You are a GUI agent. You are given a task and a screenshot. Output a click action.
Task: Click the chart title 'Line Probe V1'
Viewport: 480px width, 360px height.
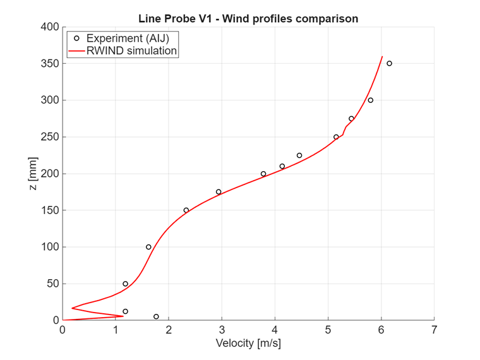coord(248,18)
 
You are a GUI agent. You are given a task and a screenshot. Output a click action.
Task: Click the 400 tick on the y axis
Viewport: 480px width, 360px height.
coord(51,27)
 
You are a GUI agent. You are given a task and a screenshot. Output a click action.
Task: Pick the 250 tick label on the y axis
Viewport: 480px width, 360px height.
coord(51,137)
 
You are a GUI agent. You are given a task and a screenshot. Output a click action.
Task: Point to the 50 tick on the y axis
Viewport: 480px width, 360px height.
coord(53,284)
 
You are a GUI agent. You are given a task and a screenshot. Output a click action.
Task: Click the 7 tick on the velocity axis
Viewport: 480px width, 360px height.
coord(434,330)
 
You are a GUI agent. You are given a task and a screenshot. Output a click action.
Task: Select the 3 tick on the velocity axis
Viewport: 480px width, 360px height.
coord(222,330)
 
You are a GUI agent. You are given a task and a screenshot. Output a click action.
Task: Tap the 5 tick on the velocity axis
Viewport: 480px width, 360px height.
coord(328,330)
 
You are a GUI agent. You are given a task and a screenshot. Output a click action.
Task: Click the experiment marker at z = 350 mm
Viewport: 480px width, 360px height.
coord(389,63)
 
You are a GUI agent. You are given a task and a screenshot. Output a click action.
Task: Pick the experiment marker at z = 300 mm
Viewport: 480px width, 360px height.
coord(371,100)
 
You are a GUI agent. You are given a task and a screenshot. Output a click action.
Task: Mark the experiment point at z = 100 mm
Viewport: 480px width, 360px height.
coord(148,247)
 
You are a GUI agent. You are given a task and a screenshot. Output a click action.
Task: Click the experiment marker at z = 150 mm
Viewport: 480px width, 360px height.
coord(186,210)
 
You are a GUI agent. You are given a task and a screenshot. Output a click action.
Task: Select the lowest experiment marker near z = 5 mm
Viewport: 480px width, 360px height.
coord(156,316)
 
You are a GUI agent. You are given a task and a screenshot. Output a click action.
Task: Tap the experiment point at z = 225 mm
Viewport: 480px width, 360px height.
coord(299,155)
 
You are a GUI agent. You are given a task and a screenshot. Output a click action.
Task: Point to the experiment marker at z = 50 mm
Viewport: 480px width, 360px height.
coord(125,284)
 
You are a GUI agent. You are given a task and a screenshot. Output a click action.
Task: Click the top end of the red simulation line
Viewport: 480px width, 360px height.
coord(382,57)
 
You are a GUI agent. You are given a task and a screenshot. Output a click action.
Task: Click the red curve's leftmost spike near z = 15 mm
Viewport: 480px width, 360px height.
coord(72,308)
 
